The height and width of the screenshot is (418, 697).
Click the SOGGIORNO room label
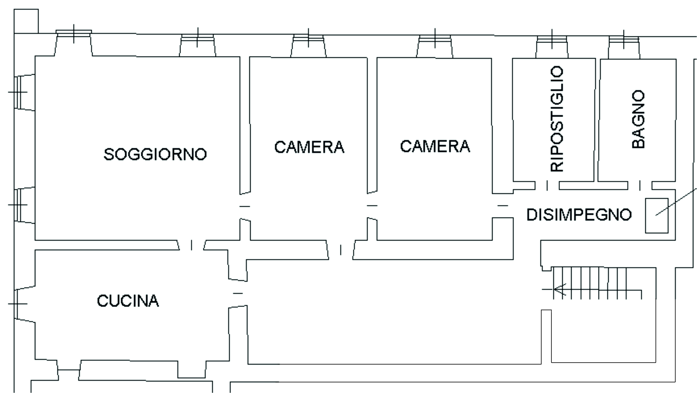pos(155,154)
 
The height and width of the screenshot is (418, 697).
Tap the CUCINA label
pos(128,301)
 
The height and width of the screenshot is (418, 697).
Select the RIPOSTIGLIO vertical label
pos(557,119)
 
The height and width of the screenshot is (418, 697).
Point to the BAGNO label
pos(638,119)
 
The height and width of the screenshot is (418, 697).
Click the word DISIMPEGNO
pos(579,215)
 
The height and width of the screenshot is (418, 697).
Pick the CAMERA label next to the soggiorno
pos(309,147)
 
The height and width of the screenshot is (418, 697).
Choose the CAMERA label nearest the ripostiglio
pos(435,146)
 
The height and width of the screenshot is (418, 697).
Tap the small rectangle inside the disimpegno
pos(657,216)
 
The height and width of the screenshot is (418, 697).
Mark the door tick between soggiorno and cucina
pos(192,245)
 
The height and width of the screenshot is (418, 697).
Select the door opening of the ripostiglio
pos(547,186)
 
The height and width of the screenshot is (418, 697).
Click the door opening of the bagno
pos(640,186)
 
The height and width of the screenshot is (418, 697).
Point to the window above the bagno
pos(624,39)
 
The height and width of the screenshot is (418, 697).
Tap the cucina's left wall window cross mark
pos(17,304)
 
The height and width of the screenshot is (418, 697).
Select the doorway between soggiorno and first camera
pos(245,206)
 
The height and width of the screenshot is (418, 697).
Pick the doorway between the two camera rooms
pos(372,205)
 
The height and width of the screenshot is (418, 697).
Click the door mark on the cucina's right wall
pos(238,293)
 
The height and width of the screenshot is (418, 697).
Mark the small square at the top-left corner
pos(26,21)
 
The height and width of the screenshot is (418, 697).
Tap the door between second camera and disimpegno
pos(502,205)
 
